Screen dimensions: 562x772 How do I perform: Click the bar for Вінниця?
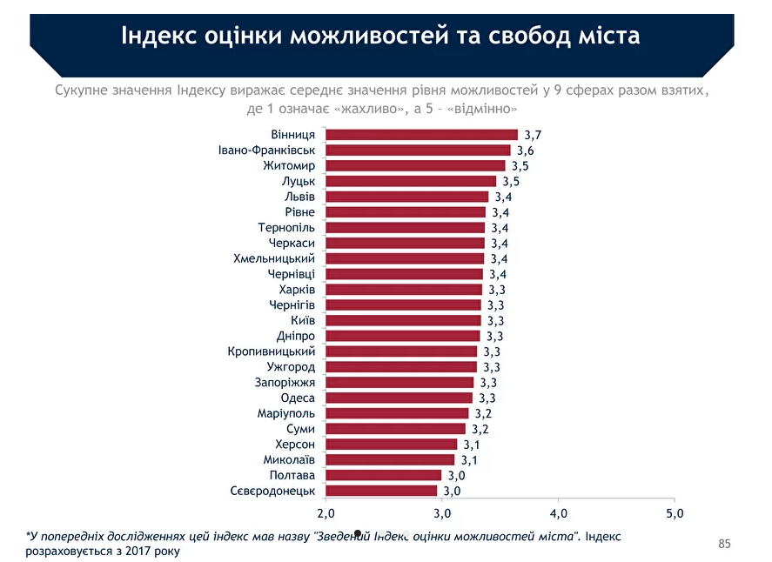click(421, 135)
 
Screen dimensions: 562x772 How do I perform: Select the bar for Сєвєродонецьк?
click(381, 491)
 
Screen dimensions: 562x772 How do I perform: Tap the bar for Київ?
click(403, 320)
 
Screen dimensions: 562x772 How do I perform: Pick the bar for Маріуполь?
click(397, 413)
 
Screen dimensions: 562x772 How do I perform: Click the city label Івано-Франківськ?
click(266, 151)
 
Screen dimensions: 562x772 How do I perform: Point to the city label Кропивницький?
click(272, 351)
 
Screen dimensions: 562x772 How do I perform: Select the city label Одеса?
click(298, 398)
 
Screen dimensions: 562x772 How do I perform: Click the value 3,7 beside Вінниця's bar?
click(533, 135)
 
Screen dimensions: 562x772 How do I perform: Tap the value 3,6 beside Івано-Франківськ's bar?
click(525, 151)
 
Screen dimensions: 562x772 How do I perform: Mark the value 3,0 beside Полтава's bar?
click(456, 476)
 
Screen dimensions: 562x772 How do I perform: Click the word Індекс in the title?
click(159, 37)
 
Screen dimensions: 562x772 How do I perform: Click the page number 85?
click(724, 545)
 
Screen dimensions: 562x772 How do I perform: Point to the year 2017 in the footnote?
click(139, 552)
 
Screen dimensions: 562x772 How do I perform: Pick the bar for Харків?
click(404, 290)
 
